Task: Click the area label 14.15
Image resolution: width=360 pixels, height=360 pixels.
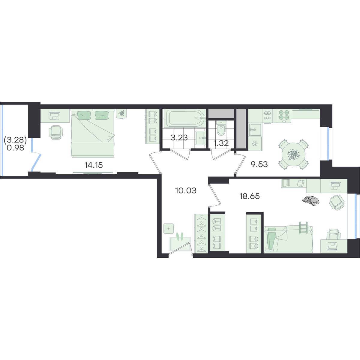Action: pyautogui.click(x=94, y=165)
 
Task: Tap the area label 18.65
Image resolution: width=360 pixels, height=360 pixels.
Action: pyautogui.click(x=250, y=196)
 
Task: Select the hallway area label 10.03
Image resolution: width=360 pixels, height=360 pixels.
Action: pyautogui.click(x=186, y=190)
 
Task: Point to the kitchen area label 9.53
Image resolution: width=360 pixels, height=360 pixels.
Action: pyautogui.click(x=259, y=164)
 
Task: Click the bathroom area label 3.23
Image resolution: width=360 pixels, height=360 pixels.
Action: pyautogui.click(x=179, y=138)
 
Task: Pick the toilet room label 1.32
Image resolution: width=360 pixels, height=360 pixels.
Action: pyautogui.click(x=221, y=143)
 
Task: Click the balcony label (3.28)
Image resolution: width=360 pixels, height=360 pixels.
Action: pyautogui.click(x=15, y=140)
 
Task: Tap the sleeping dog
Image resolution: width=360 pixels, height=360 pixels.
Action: pyautogui.click(x=310, y=201)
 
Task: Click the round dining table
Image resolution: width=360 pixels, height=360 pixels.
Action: pyautogui.click(x=293, y=154)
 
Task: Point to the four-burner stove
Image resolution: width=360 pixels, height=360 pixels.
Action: pyautogui.click(x=284, y=115)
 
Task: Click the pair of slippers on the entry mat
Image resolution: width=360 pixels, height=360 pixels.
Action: pyautogui.click(x=180, y=236)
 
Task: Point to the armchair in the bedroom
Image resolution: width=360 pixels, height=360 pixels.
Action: pyautogui.click(x=56, y=132)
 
